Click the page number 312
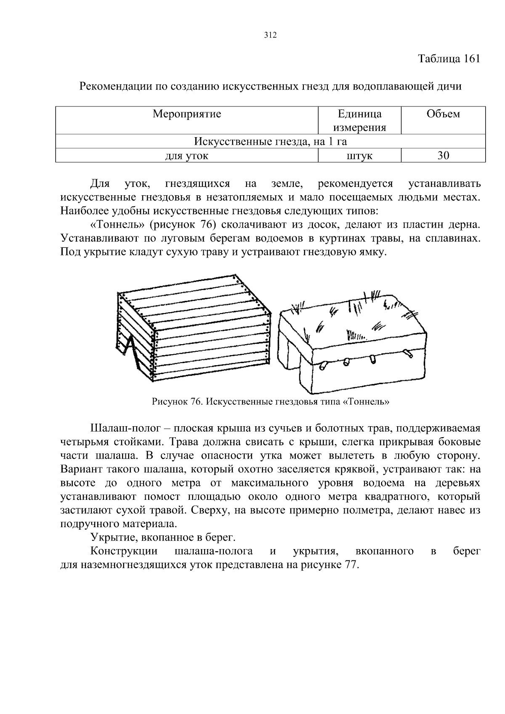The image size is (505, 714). (270, 35)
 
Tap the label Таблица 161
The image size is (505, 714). (449, 59)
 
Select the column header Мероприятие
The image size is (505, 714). (186, 114)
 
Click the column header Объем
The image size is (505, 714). (443, 114)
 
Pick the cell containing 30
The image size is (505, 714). (443, 156)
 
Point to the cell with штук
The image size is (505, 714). (359, 156)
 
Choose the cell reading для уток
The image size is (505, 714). (186, 156)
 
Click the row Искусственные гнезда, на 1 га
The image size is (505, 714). (270, 142)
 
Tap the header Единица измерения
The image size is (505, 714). (359, 121)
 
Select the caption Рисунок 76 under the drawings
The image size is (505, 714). (270, 401)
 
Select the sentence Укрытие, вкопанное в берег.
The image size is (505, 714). (163, 537)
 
